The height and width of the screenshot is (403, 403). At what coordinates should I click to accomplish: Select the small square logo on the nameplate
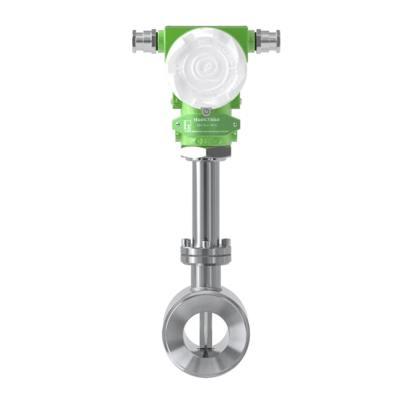184,123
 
